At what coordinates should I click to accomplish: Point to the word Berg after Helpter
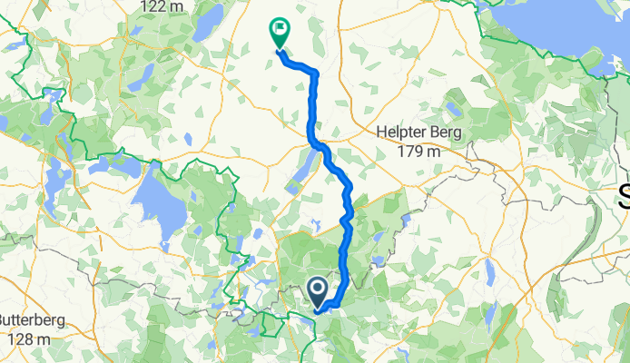click(x=446, y=133)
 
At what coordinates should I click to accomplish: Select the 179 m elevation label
click(x=419, y=151)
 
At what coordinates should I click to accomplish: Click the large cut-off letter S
click(x=624, y=195)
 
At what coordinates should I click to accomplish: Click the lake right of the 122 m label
click(x=210, y=18)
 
